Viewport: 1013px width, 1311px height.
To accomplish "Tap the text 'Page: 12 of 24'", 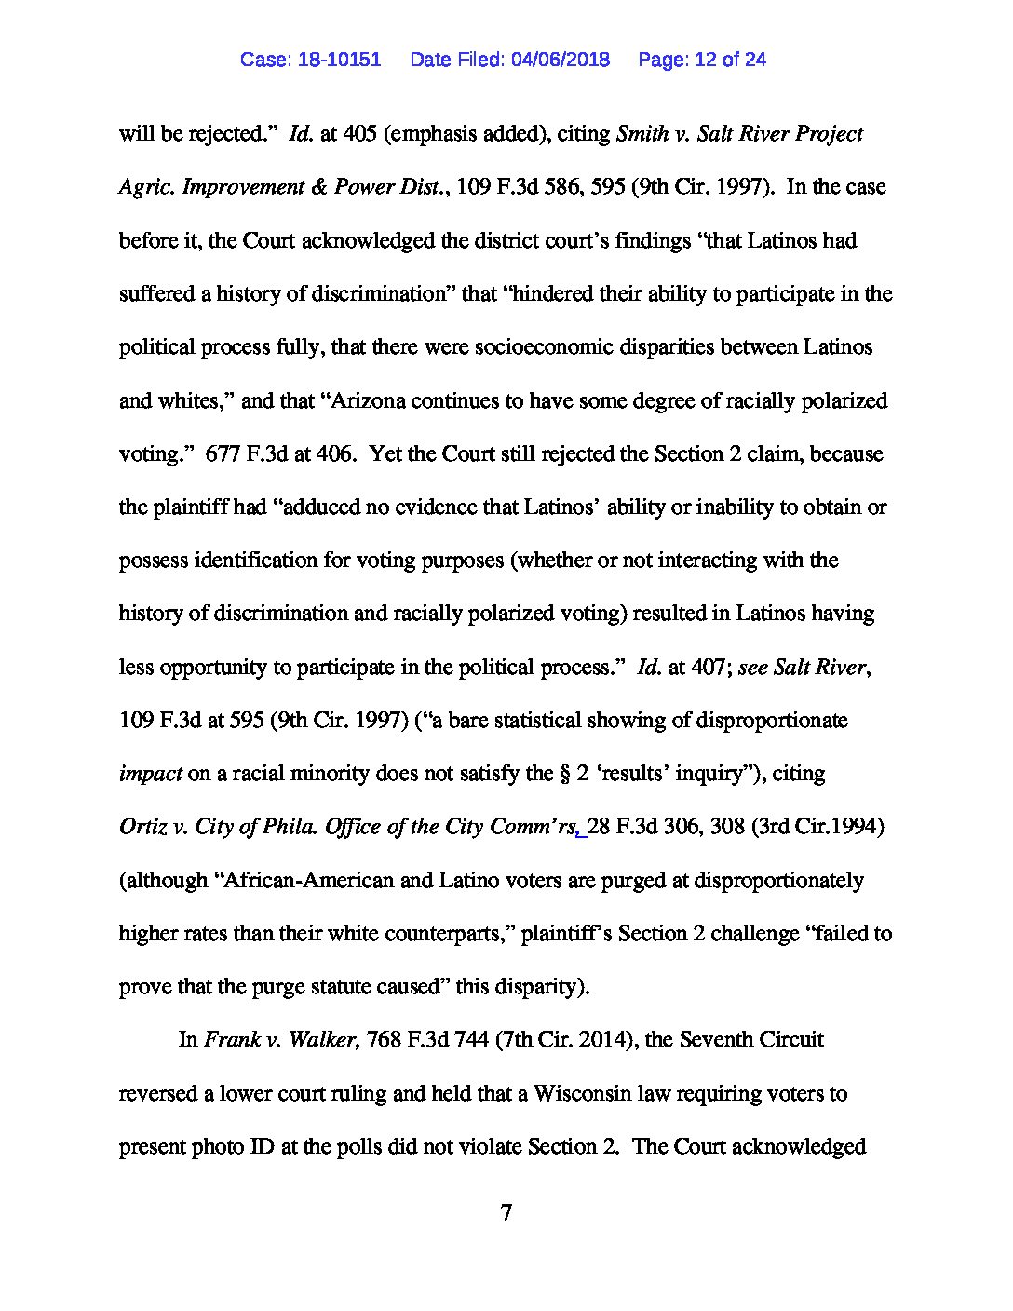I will (702, 60).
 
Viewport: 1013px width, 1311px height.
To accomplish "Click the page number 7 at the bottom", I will (506, 1212).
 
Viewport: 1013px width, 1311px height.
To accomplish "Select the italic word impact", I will (150, 775).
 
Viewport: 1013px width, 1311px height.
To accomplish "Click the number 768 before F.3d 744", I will (384, 1039).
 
